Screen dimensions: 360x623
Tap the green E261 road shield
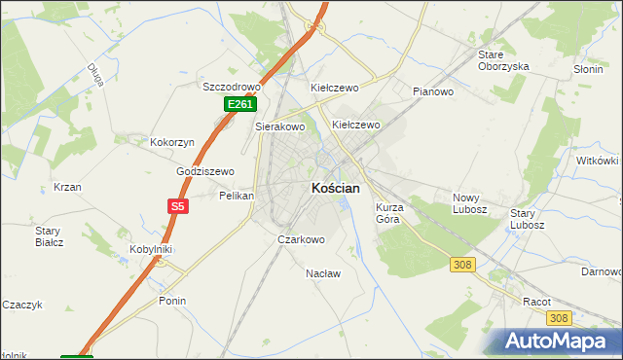click(240, 104)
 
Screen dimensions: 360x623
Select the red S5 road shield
click(177, 206)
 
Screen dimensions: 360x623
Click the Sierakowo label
click(280, 126)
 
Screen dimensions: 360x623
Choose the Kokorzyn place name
click(172, 142)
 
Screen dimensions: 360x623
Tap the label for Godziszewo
click(206, 171)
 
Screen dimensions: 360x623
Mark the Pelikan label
click(237, 196)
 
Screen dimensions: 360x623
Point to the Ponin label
click(172, 301)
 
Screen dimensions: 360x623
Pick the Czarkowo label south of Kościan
click(301, 238)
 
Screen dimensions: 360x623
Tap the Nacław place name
click(323, 273)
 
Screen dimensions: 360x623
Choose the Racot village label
click(536, 302)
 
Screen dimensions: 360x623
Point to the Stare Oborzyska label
click(502, 60)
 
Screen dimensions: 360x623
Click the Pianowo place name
click(434, 92)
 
